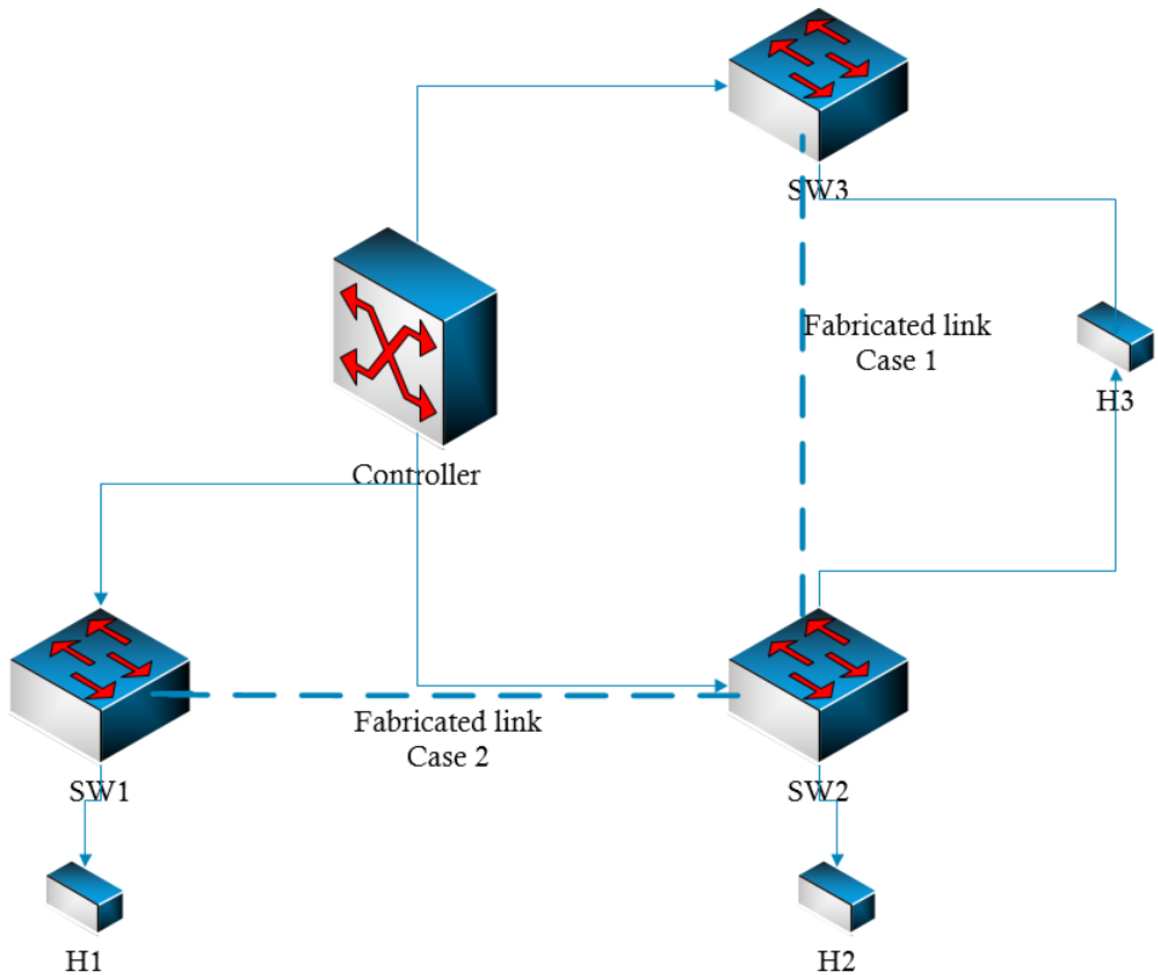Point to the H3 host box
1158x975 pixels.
(x=1115, y=336)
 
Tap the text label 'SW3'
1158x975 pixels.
(x=818, y=190)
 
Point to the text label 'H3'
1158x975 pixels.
(x=1115, y=401)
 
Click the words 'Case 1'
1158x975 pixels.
(x=896, y=361)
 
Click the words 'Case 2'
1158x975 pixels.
(x=448, y=757)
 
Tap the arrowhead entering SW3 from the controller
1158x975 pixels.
(x=720, y=85)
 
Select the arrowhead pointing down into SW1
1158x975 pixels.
(x=101, y=599)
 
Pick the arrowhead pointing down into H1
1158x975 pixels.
(x=85, y=860)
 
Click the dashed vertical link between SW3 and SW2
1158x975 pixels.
(x=802, y=442)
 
